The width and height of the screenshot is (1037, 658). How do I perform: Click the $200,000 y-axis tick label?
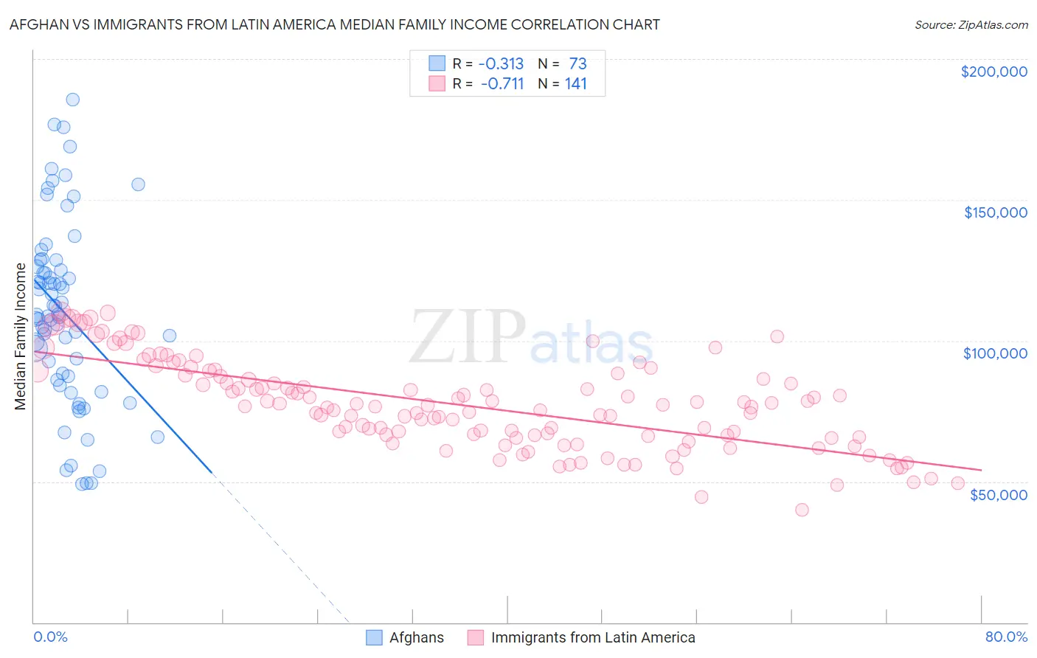(993, 72)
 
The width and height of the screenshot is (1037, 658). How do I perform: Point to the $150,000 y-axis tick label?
(995, 212)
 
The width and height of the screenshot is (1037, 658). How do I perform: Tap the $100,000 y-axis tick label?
(995, 353)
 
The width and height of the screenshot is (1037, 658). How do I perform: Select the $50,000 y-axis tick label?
(998, 494)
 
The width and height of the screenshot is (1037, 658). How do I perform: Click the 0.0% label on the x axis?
(50, 637)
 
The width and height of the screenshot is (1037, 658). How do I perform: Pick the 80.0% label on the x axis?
(1006, 637)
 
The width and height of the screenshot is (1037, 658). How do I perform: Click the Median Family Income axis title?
(20, 336)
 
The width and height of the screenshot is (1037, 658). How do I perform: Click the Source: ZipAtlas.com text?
(971, 24)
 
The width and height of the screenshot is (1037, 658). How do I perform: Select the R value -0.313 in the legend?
(502, 63)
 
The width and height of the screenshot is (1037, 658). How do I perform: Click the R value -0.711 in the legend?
(502, 83)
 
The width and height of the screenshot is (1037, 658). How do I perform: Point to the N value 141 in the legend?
(575, 83)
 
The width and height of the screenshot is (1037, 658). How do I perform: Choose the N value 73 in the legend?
(578, 63)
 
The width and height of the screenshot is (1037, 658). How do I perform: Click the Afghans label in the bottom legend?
(416, 637)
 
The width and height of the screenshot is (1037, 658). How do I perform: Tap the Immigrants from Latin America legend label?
(593, 637)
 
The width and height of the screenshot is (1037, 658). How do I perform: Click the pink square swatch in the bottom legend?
(475, 637)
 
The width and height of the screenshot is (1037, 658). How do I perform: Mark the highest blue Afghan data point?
(72, 100)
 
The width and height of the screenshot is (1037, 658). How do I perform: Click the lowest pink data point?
(802, 510)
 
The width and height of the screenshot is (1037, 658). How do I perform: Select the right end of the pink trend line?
(981, 470)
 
